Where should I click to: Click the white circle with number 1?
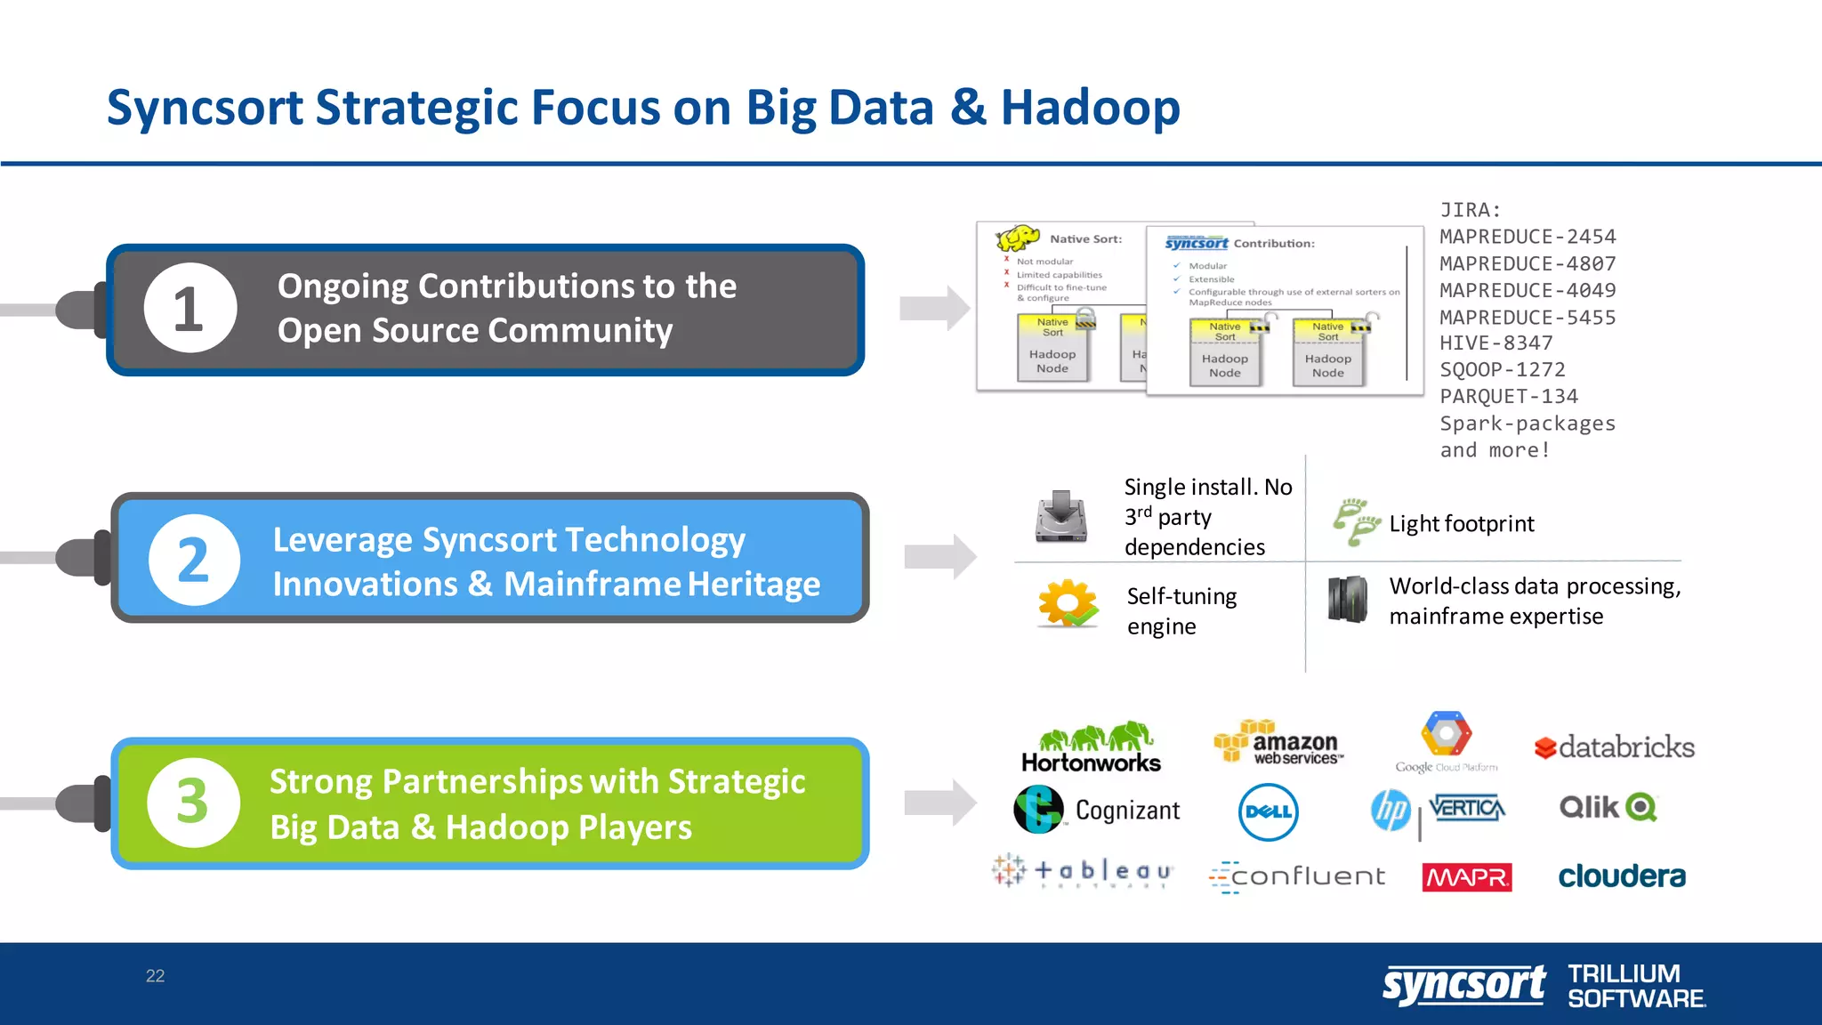coord(190,308)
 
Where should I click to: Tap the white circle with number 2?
coord(194,560)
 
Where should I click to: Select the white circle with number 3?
coord(193,802)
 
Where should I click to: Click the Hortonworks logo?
coord(1092,747)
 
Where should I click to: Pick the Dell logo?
coord(1268,811)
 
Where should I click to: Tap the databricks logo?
coord(1615,747)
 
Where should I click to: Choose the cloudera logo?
coord(1621,876)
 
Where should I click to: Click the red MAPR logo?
coord(1466,877)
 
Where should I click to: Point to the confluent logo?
coord(1297,876)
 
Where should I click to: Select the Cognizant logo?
coord(1097,810)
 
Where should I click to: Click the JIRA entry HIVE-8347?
coord(1496,343)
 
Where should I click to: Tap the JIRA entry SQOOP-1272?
coord(1503,370)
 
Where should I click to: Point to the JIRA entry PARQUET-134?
coord(1509,397)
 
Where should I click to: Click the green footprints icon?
coord(1355,521)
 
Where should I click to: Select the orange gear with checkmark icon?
coord(1068,604)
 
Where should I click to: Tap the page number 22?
coord(155,976)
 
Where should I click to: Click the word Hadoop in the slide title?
coord(1090,108)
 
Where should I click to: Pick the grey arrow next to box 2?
coord(939,557)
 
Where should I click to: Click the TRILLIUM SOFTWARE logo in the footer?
coord(1635,986)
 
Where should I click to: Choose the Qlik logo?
coord(1608,807)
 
